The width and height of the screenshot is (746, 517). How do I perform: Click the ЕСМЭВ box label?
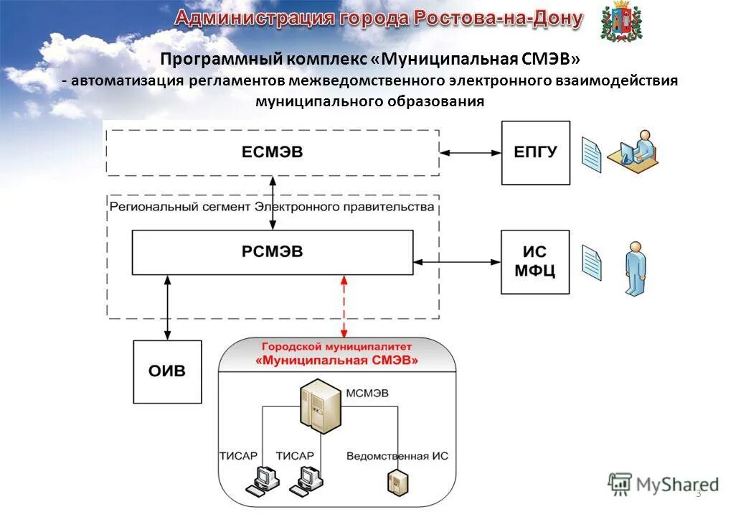(x=272, y=152)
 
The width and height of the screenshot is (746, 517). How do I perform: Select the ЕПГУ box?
(x=535, y=152)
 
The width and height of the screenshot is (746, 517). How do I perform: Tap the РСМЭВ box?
(x=272, y=251)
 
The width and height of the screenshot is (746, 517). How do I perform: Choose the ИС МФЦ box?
(x=535, y=262)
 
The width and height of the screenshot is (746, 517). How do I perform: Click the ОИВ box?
(x=167, y=371)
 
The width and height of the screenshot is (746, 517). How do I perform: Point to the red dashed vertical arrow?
(x=344, y=306)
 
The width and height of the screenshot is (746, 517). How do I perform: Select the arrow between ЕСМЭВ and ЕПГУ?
(x=470, y=152)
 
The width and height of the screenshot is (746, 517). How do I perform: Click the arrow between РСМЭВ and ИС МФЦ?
(x=457, y=262)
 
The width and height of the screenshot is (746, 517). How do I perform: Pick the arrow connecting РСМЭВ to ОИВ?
(x=167, y=307)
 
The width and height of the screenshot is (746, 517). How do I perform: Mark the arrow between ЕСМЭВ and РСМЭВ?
(x=272, y=203)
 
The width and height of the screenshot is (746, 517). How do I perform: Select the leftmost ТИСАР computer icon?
(x=261, y=480)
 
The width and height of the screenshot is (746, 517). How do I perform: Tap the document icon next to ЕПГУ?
(x=590, y=155)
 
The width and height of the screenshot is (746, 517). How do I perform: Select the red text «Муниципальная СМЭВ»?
(x=336, y=360)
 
